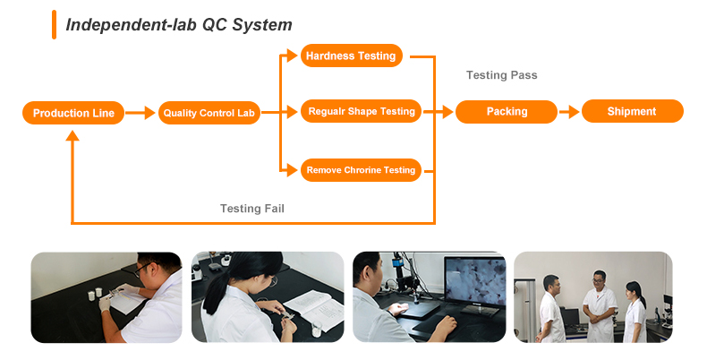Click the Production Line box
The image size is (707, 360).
pyautogui.click(x=73, y=113)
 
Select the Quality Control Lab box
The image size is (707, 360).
pyautogui.click(x=209, y=113)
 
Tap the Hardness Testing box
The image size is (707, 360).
pyautogui.click(x=351, y=56)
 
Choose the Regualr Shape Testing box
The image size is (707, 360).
pyautogui.click(x=361, y=111)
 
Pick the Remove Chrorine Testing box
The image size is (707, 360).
pyautogui.click(x=361, y=170)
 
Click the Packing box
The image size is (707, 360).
pyautogui.click(x=507, y=111)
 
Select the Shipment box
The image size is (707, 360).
pyautogui.click(x=633, y=111)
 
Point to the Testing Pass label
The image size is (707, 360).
pyautogui.click(x=501, y=75)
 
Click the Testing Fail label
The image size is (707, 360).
pyautogui.click(x=252, y=209)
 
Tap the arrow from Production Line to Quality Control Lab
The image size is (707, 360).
pyautogui.click(x=141, y=113)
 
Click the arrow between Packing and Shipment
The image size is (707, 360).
pyautogui.click(x=569, y=112)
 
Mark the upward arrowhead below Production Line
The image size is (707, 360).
pyautogui.click(x=72, y=135)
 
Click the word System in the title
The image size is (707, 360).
pyautogui.click(x=262, y=25)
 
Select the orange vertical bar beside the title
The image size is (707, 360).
pyautogui.click(x=54, y=25)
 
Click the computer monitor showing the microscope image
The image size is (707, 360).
pyautogui.click(x=475, y=285)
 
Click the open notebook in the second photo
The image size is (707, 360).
pyautogui.click(x=312, y=309)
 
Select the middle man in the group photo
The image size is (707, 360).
pyautogui.click(x=600, y=306)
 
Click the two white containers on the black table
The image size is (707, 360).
pyautogui.click(x=95, y=294)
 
